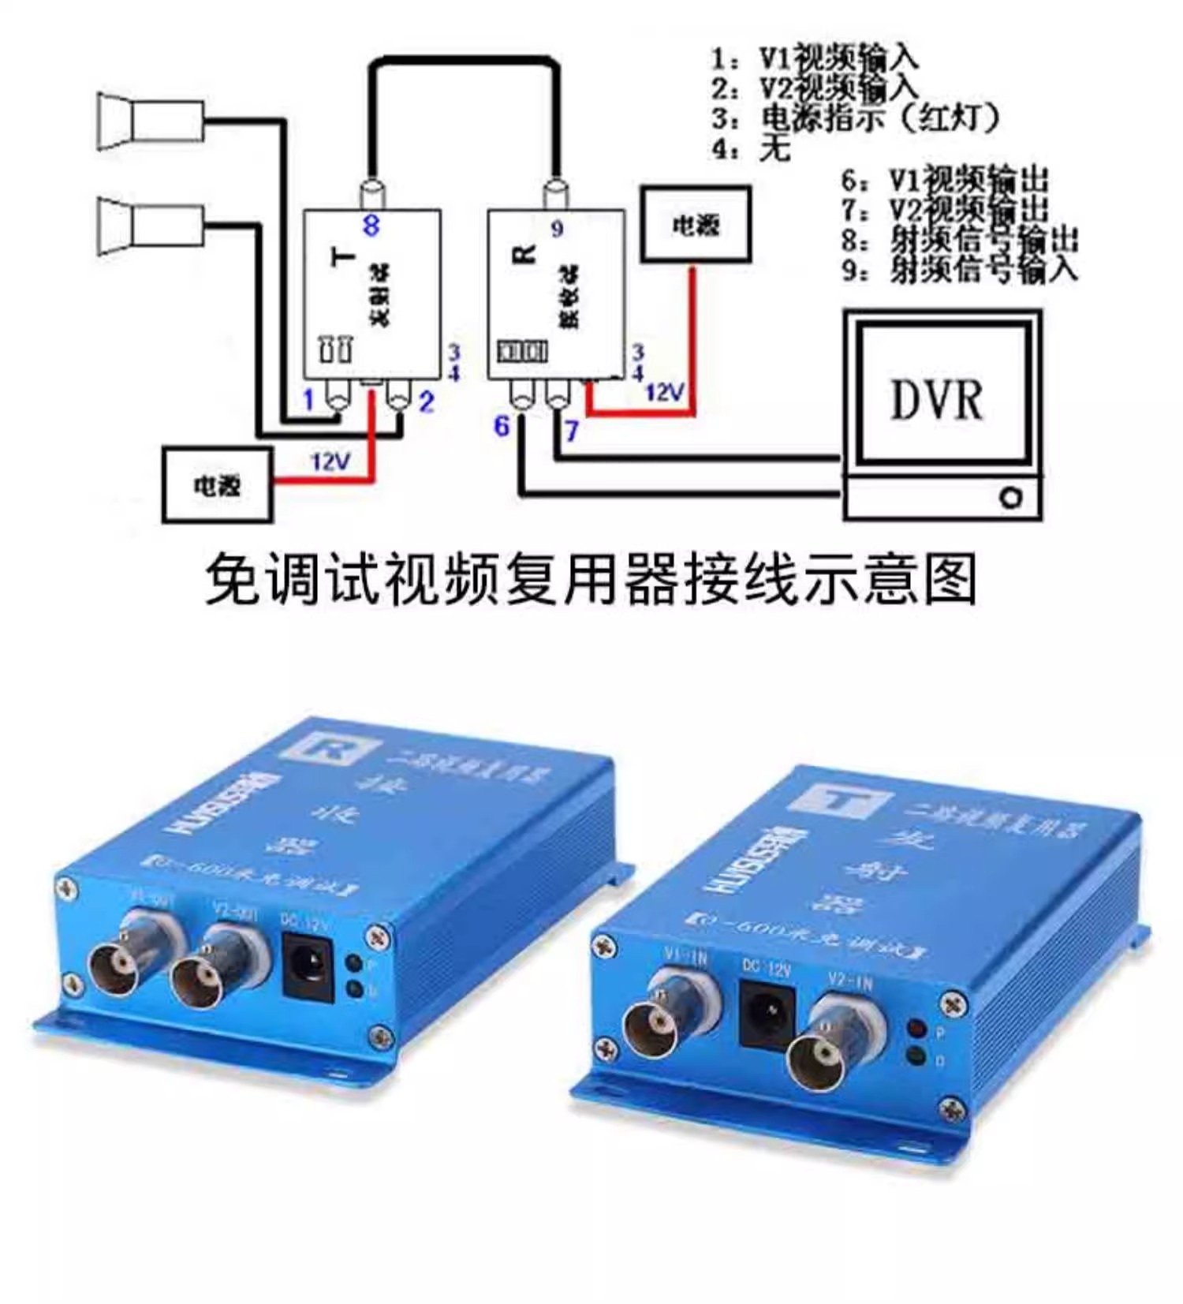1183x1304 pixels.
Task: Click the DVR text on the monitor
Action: tap(936, 400)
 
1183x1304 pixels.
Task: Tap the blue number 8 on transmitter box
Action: tap(371, 226)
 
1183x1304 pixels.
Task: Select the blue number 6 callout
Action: tap(502, 427)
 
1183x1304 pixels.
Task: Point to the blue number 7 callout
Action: tap(571, 430)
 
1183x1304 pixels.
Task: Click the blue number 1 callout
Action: tap(309, 400)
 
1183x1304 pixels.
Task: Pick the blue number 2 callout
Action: tap(426, 402)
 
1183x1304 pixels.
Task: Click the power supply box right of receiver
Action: tap(695, 225)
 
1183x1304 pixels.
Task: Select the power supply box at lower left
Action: tap(217, 484)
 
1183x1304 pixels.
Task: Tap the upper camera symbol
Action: tap(150, 121)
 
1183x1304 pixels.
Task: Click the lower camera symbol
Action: tap(150, 226)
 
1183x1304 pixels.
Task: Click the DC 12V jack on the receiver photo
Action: tap(308, 965)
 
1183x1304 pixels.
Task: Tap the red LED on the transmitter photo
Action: tap(917, 1029)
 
